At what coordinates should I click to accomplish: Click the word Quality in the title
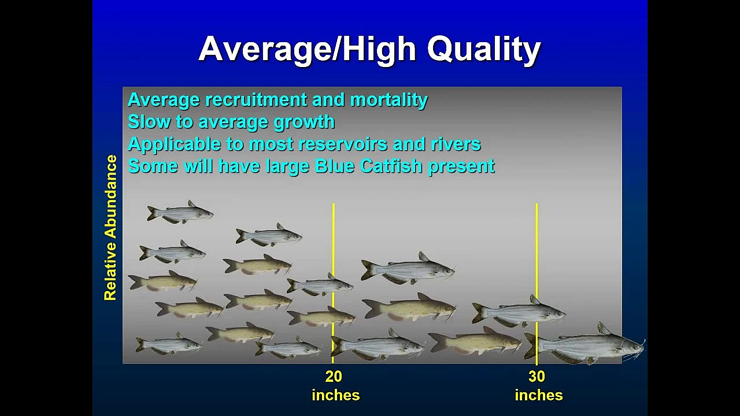483,49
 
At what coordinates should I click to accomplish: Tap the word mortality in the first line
388,100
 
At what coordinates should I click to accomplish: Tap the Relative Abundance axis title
110,228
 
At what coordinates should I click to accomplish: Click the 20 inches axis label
335,385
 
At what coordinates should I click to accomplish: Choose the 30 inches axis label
538,385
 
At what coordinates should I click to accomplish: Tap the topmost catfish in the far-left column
179,213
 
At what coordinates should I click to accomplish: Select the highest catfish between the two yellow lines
408,269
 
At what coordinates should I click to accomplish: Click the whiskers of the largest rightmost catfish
639,347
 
